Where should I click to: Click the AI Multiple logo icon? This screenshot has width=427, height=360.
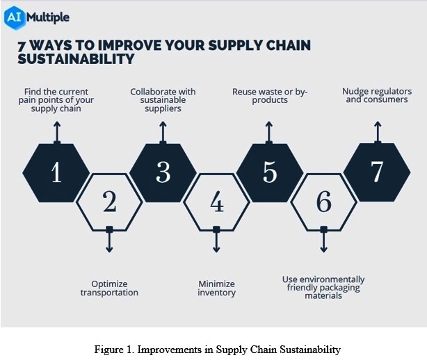(x=15, y=17)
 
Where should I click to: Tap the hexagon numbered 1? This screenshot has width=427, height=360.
(x=56, y=173)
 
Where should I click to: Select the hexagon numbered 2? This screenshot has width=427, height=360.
(x=109, y=202)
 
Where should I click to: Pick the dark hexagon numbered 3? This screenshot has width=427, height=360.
(x=163, y=173)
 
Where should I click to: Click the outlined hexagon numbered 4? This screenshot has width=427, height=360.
(x=216, y=202)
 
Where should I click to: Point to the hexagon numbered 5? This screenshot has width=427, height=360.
(x=270, y=173)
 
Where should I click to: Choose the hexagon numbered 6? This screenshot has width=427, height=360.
(x=324, y=202)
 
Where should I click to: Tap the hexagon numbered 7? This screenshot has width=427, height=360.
(x=377, y=172)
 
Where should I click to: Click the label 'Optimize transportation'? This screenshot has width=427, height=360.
(x=109, y=288)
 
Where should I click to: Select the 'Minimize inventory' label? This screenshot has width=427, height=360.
(x=216, y=288)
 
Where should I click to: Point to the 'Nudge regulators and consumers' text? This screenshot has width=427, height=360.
(x=377, y=95)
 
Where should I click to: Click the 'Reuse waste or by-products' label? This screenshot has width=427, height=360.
(x=270, y=96)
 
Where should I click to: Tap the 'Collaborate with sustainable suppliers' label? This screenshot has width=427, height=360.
(x=163, y=100)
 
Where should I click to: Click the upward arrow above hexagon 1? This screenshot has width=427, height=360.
(x=57, y=132)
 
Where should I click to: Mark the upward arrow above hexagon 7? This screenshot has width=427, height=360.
(x=378, y=132)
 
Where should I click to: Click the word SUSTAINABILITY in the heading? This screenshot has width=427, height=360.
(x=76, y=59)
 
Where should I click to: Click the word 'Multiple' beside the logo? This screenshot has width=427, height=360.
(x=48, y=17)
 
